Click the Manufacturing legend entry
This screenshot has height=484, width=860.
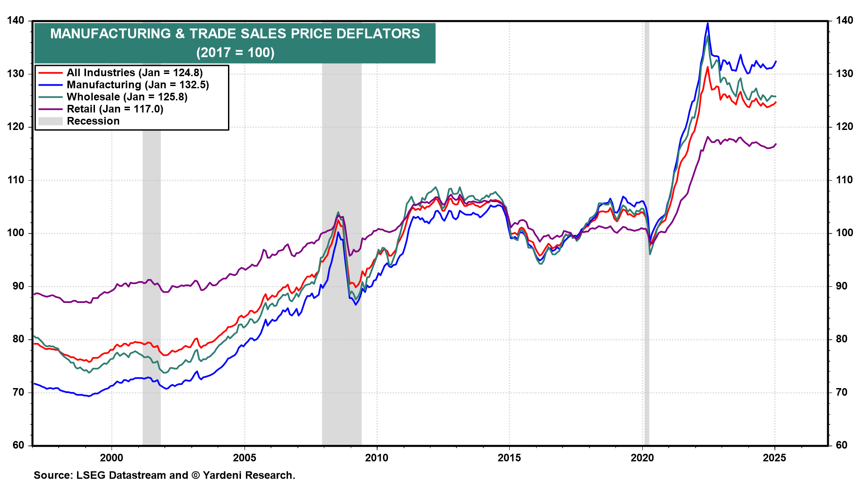(138, 85)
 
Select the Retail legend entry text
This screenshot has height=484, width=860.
(115, 109)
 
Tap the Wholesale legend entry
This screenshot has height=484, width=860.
(127, 97)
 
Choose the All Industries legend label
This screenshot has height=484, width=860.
(135, 73)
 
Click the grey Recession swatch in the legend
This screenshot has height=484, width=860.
(50, 121)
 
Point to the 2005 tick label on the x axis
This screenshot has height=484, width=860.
(244, 458)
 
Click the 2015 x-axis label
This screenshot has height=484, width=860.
(509, 458)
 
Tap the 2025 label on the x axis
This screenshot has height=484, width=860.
(774, 458)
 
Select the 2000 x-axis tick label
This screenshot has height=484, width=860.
(112, 458)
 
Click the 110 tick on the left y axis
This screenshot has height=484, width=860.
(16, 180)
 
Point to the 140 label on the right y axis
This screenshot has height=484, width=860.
(844, 21)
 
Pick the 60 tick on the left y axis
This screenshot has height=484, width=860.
(19, 445)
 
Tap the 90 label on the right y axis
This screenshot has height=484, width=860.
(841, 286)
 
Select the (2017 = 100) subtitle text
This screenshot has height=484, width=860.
(235, 52)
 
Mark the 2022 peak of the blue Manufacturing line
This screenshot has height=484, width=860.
(707, 23)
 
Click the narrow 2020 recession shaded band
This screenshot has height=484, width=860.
(646, 233)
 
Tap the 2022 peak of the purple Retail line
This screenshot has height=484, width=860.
(707, 137)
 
